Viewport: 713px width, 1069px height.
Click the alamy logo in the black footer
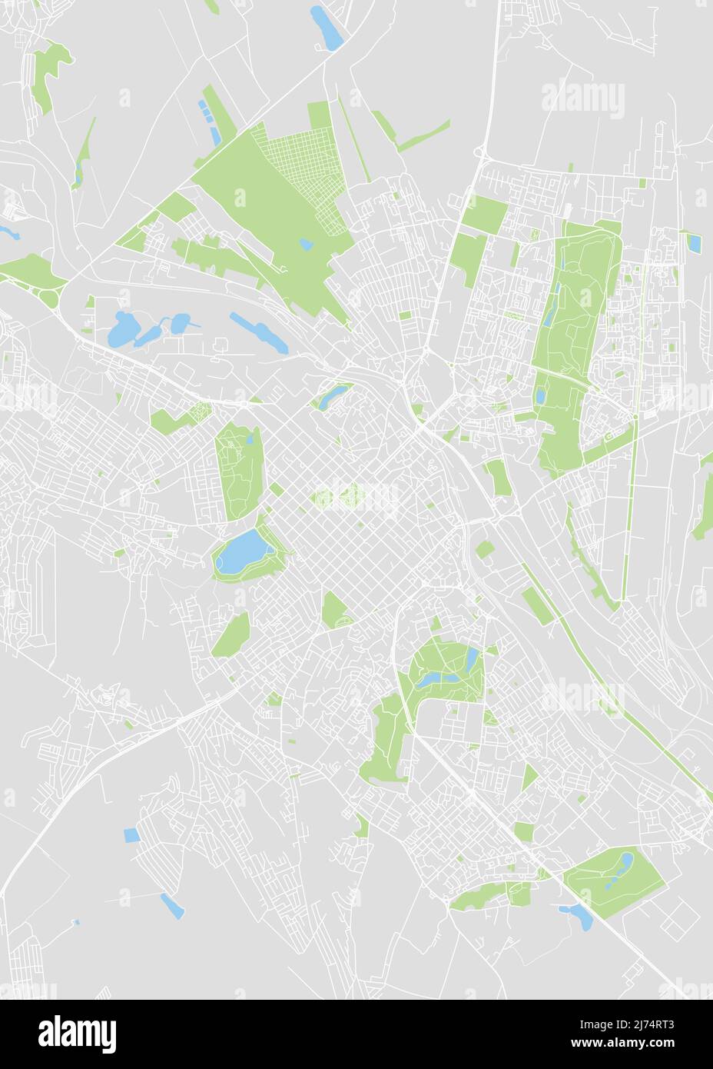point(78,1034)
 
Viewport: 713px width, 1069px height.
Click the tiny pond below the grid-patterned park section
point(307,245)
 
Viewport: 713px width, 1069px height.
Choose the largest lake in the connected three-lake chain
point(123,331)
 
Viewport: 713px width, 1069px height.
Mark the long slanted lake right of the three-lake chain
point(259,331)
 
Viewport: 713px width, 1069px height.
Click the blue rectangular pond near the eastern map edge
point(694,243)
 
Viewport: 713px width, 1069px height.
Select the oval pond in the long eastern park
point(540,397)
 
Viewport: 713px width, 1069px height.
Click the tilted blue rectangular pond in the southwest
point(173,906)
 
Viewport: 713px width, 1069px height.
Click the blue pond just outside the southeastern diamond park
point(578,915)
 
